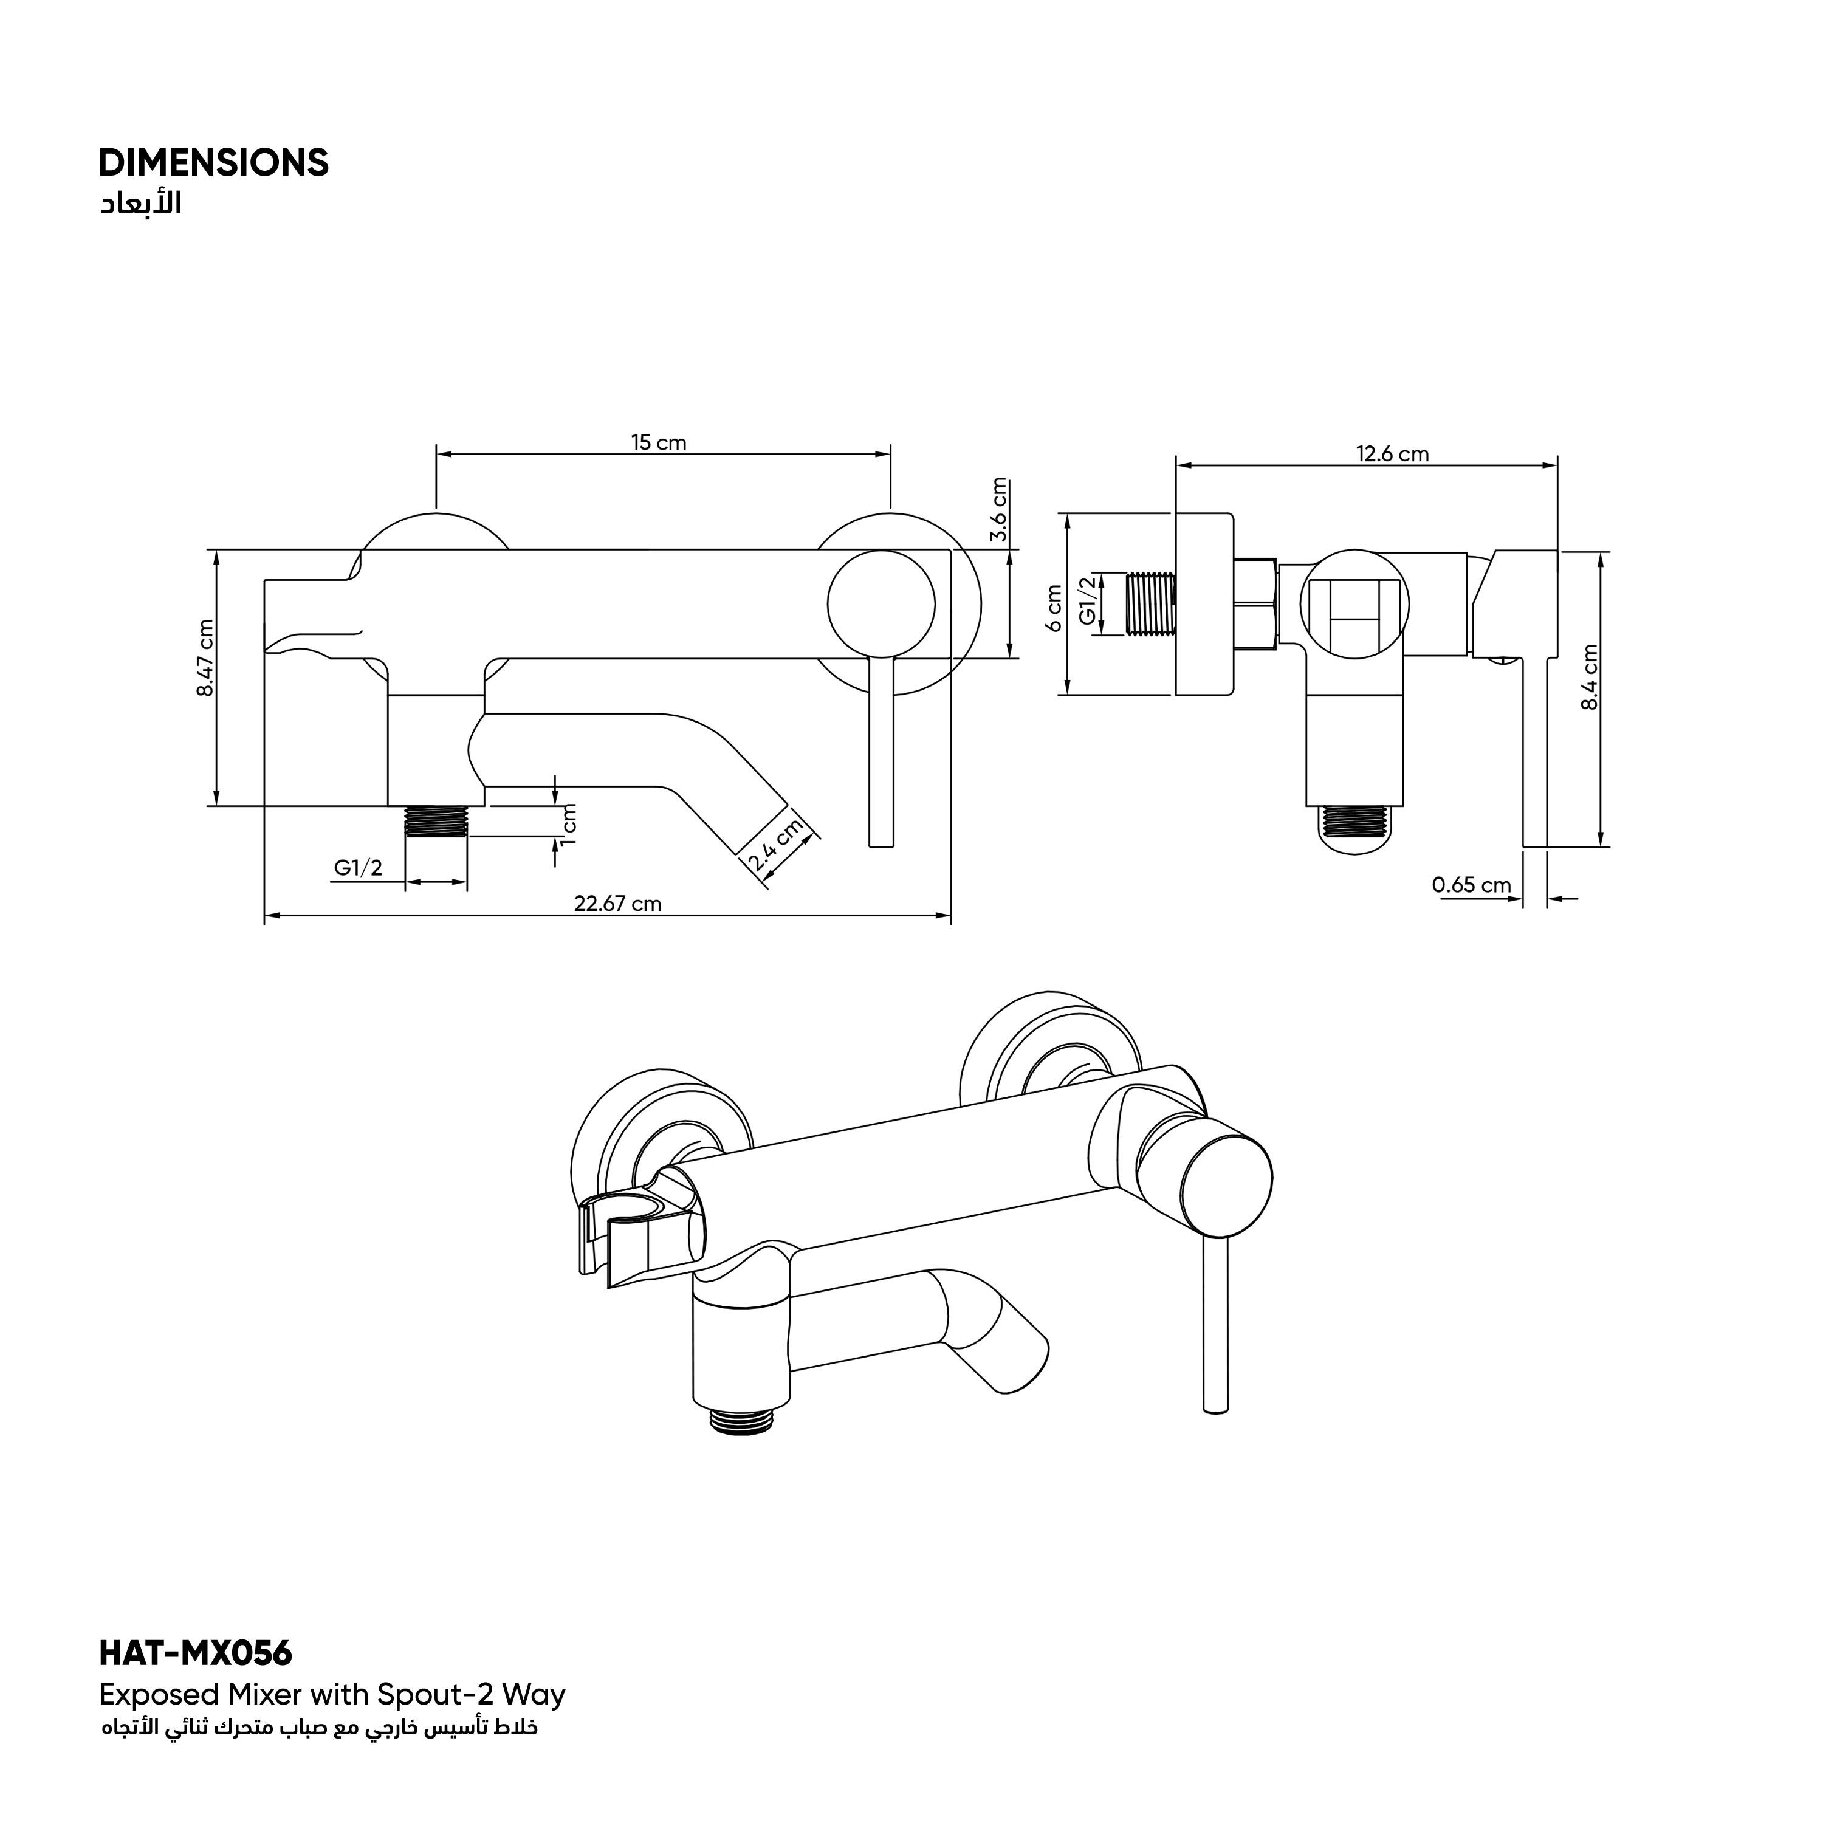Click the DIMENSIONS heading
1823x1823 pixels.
point(214,163)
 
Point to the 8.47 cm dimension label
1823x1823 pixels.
point(205,657)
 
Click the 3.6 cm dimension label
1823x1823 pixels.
point(1000,510)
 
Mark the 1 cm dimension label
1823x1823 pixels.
point(568,824)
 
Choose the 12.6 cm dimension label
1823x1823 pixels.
point(1393,454)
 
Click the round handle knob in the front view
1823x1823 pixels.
point(881,605)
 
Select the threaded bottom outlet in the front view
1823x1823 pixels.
point(436,822)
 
